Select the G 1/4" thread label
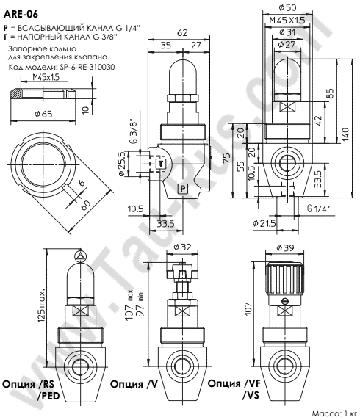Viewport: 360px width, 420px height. pyautogui.click(x=320, y=209)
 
